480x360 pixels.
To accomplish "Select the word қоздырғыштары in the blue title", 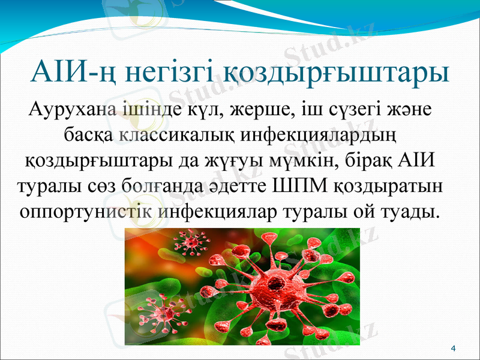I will tap(337, 74).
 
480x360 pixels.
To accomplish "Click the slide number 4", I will tap(453, 349).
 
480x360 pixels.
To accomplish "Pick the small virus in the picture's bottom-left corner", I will tap(157, 312).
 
